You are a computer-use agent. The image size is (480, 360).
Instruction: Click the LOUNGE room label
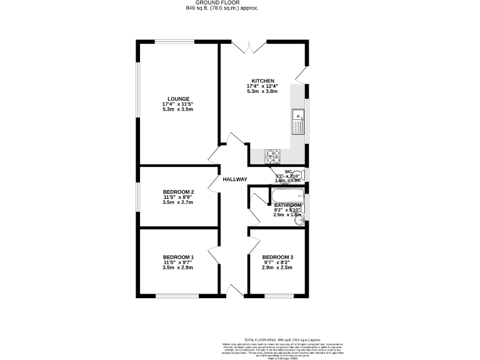(179, 98)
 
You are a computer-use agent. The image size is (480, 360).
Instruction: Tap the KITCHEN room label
(262, 81)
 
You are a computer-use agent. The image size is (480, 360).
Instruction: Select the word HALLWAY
(235, 180)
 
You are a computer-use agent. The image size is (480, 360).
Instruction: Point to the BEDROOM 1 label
(178, 257)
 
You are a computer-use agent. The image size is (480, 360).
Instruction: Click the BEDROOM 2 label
(178, 192)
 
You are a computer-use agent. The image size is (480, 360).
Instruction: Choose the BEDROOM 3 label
(277, 257)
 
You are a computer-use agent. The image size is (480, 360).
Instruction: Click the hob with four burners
(273, 156)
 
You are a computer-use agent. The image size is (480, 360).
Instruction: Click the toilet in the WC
(300, 176)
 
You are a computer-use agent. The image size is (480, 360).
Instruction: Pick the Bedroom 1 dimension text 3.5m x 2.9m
(178, 267)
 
